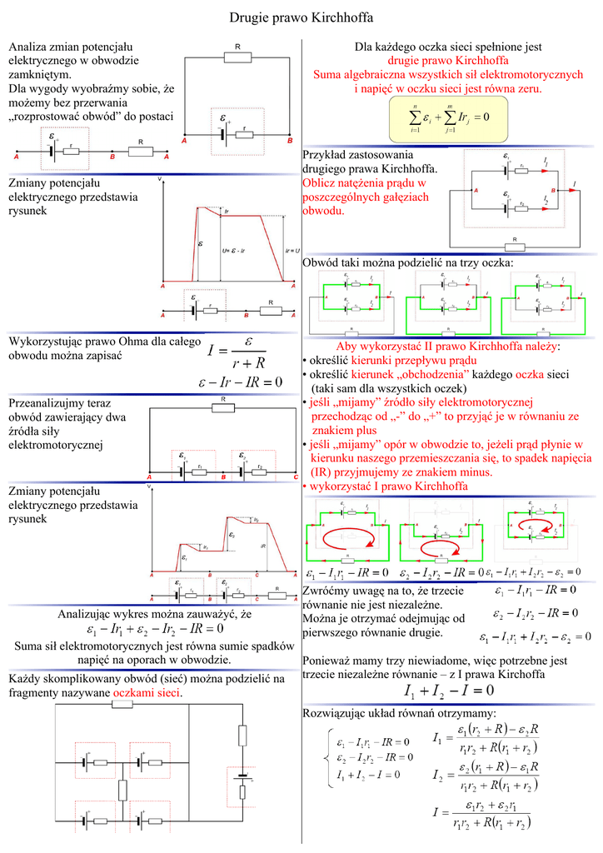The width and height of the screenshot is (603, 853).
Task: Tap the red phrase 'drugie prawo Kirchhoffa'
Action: (448, 61)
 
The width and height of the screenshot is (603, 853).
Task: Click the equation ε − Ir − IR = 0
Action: (241, 382)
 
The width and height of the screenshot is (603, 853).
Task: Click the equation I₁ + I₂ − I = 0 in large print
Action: (448, 691)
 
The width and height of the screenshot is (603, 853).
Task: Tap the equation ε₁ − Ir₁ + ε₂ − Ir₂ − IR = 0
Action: (154, 629)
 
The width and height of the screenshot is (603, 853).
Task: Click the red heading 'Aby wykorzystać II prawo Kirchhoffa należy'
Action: (448, 347)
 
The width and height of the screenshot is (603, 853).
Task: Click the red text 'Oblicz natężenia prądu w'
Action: (364, 182)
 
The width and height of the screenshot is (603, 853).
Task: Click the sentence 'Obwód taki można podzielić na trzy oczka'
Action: (408, 262)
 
